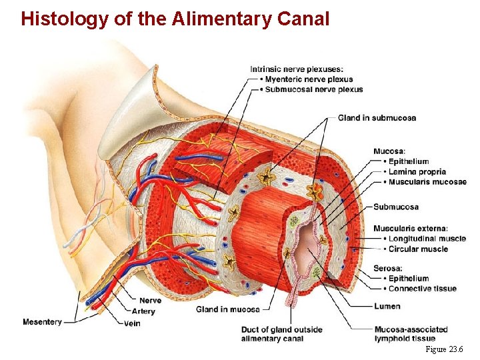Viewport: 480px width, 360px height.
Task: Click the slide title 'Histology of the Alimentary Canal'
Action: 175,19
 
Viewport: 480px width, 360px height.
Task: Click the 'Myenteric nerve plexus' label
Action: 309,79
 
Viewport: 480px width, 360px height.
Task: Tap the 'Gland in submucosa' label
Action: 377,118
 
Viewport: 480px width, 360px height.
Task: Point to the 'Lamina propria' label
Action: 417,172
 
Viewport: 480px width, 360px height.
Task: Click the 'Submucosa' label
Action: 396,207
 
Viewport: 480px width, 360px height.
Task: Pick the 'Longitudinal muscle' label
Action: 427,239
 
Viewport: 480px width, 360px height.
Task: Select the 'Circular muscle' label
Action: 418,249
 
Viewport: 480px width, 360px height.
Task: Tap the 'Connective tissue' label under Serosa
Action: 422,289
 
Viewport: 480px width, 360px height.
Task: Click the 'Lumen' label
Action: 387,306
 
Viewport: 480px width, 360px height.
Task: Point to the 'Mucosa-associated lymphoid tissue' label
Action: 410,334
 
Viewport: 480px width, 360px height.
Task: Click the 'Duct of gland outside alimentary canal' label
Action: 281,334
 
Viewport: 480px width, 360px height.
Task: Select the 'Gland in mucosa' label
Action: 227,309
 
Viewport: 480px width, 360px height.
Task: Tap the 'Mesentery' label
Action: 42,322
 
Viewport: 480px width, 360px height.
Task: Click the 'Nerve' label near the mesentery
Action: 150,301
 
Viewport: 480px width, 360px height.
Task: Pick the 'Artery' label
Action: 143,311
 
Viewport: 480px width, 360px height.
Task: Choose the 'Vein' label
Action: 132,323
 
